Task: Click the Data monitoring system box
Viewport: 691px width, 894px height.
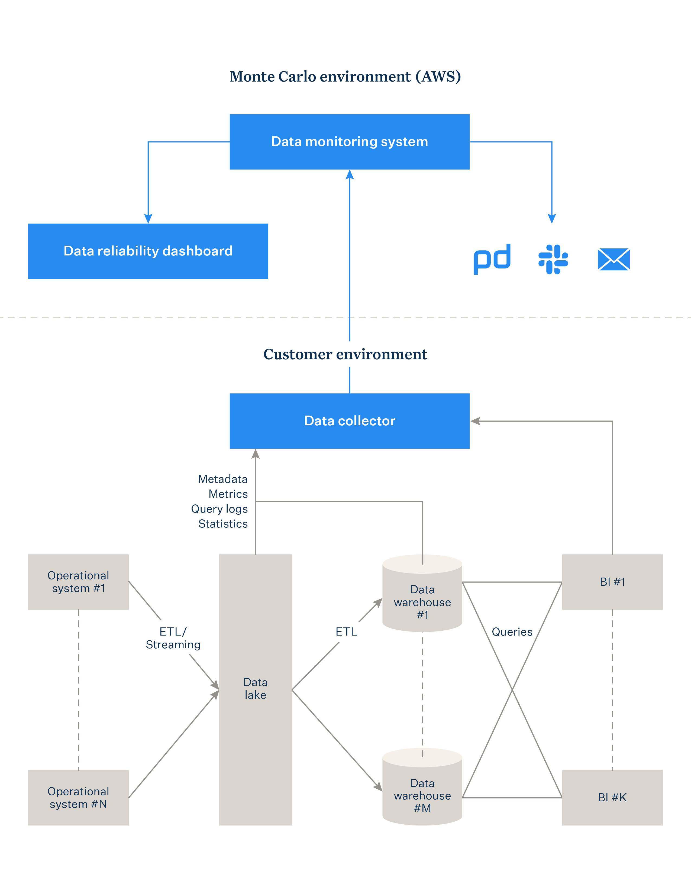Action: (349, 142)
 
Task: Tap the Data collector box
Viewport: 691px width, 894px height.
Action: (349, 421)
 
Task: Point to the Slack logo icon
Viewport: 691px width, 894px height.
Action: (553, 259)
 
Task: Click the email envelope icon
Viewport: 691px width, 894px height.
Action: (613, 259)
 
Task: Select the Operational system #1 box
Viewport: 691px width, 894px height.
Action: (78, 582)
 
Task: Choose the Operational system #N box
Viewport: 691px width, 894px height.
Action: (78, 797)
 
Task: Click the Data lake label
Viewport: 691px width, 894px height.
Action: (256, 688)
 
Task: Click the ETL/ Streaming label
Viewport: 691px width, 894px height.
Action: (173, 638)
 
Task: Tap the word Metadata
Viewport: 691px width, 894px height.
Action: (223, 479)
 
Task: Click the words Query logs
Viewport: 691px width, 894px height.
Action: (219, 509)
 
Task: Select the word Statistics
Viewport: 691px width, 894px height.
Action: (223, 524)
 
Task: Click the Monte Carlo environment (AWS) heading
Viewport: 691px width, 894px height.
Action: (345, 77)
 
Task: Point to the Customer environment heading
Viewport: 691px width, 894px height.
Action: (345, 354)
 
